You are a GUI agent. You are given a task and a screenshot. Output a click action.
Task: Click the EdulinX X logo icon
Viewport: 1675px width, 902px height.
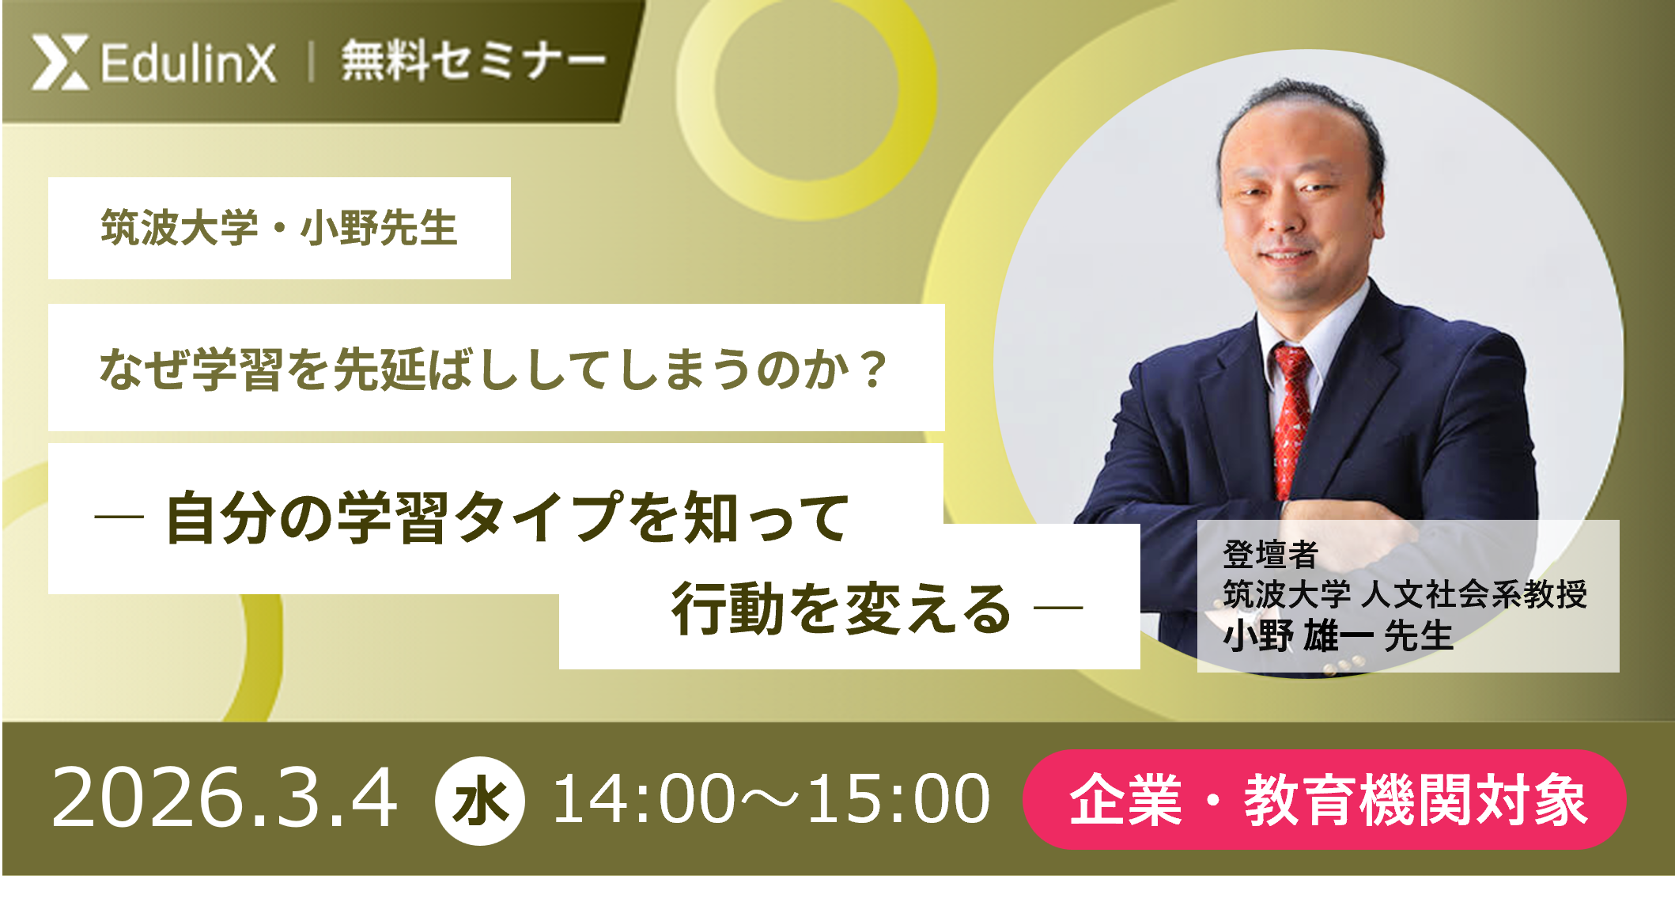pos(60,62)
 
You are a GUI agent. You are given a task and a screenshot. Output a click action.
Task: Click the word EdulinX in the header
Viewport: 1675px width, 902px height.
pos(188,63)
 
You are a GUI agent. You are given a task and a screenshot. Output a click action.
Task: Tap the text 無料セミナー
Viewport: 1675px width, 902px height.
pos(473,61)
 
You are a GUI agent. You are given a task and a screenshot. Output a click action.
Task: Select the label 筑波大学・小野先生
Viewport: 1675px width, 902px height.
pos(279,229)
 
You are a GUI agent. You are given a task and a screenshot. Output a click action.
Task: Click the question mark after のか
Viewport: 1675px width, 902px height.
pos(873,370)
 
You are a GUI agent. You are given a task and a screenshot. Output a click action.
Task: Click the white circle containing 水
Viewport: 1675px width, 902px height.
pos(479,801)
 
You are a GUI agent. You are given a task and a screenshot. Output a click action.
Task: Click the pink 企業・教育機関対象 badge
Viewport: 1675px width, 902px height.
pos(1325,800)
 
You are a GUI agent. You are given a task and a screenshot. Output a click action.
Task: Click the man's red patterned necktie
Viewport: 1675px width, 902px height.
pos(1291,419)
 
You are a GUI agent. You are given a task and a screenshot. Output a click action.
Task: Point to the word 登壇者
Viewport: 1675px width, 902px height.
pos(1270,554)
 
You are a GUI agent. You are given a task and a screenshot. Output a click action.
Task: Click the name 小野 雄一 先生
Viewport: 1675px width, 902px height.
pos(1338,636)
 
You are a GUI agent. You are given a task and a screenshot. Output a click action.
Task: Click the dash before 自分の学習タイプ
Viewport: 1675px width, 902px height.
pos(119,517)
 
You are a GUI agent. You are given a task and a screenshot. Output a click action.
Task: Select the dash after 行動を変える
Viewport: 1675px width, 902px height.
pos(1058,608)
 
